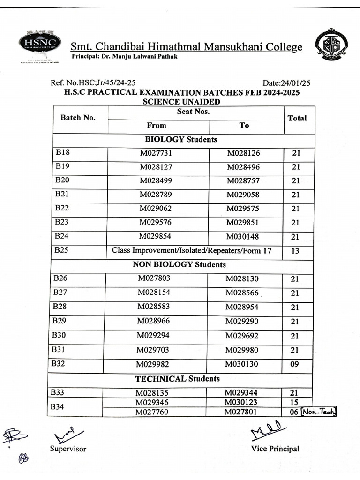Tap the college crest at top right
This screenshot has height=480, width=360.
(331, 45)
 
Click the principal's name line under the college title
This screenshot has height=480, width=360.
(124, 56)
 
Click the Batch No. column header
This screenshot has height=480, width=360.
(78, 118)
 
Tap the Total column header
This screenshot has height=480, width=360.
(297, 118)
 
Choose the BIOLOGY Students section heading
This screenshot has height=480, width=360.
(181, 139)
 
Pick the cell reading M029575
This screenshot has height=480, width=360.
(242, 209)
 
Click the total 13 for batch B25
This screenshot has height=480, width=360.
(295, 251)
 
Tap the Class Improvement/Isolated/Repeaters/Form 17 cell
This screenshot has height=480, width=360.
(192, 251)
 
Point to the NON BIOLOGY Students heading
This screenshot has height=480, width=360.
(180, 264)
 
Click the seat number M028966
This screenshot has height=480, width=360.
(153, 322)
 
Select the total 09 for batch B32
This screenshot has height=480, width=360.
(294, 364)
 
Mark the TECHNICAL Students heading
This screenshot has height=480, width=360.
(178, 378)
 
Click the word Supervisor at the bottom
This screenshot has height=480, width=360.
(68, 449)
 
